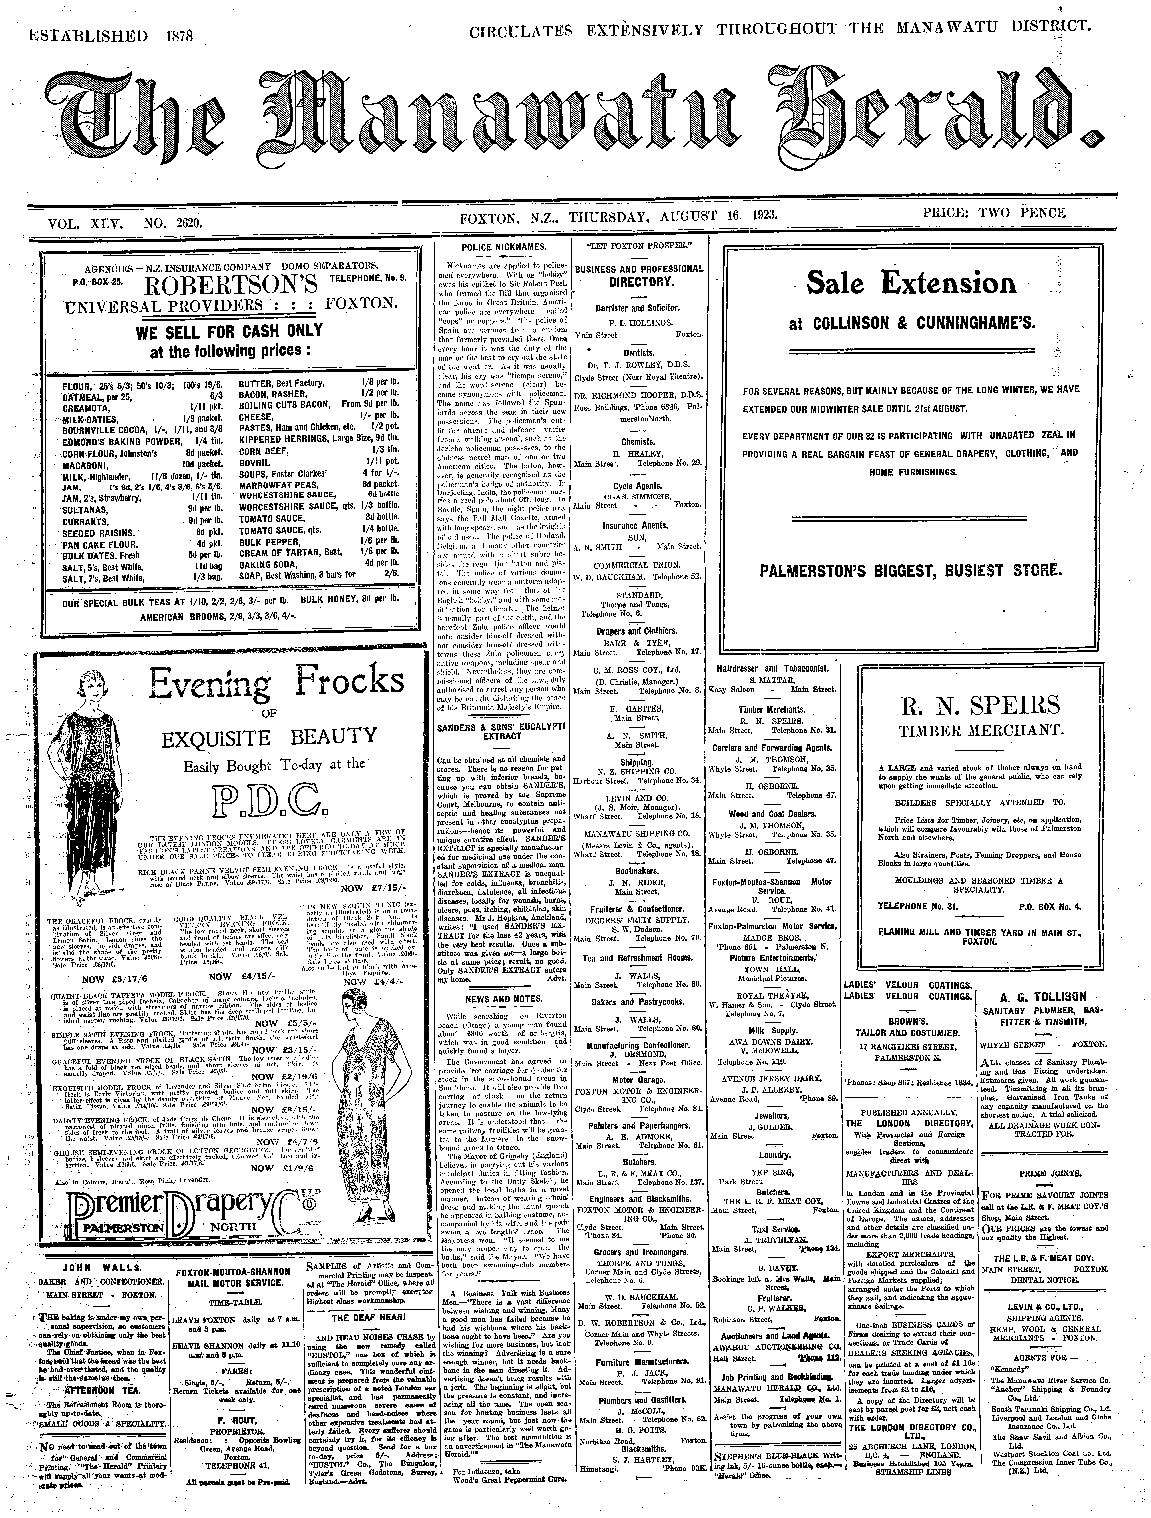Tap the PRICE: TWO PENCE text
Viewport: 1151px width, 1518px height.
pyautogui.click(x=995, y=213)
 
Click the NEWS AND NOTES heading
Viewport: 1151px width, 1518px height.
pyautogui.click(x=503, y=999)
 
